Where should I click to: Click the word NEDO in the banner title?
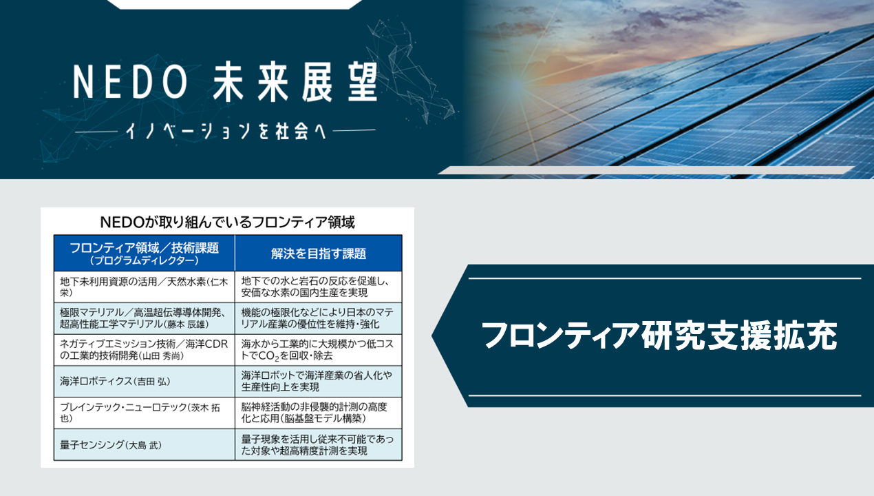click(130, 82)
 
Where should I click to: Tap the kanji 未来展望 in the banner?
click(295, 82)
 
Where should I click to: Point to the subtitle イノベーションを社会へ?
click(226, 131)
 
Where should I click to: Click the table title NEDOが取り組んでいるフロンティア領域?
click(228, 223)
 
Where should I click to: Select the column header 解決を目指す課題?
click(319, 254)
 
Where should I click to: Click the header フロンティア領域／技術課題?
click(144, 247)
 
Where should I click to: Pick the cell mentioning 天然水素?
click(145, 287)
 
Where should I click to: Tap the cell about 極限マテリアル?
click(145, 318)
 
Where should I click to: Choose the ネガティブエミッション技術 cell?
click(145, 350)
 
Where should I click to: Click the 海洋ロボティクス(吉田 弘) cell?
click(145, 382)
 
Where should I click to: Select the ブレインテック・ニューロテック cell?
click(145, 413)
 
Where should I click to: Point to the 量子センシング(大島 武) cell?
click(145, 444)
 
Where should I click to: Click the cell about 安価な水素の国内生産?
click(319, 287)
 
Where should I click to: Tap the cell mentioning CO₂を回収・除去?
click(319, 350)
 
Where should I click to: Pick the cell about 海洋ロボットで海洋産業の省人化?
click(319, 382)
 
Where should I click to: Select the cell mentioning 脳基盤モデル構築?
click(319, 413)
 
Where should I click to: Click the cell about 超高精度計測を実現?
click(319, 444)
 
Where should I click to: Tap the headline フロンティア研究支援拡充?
click(659, 335)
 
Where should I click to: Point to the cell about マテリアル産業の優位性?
click(319, 318)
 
